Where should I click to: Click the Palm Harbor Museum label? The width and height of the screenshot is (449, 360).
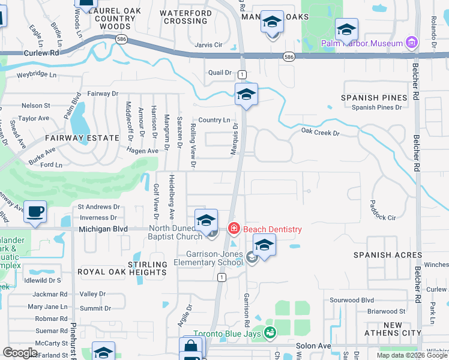pos(361,43)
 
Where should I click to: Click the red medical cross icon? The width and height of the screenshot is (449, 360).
pos(234,229)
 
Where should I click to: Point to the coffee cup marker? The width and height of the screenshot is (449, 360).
pos(36,211)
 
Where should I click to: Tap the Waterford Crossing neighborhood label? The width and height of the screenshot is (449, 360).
pos(185,17)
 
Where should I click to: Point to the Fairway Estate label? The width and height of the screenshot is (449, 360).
pos(82,138)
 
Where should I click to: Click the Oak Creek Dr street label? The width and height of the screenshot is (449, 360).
pos(320,131)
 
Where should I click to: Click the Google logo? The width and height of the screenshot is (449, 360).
pos(20,353)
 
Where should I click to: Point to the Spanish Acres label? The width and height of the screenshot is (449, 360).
pos(388,255)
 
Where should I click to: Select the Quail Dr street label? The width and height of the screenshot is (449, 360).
pos(220,73)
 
